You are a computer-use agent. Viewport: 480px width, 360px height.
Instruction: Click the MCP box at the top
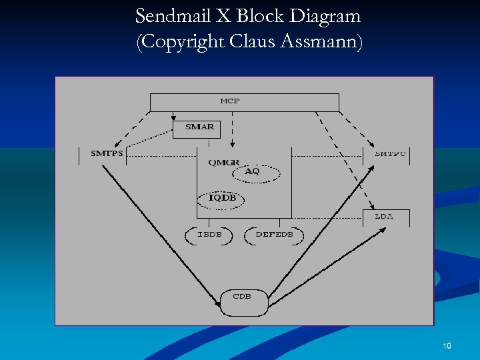(244, 102)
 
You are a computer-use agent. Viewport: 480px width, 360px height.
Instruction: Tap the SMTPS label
(107, 153)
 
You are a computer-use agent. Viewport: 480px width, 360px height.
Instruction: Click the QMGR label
(223, 163)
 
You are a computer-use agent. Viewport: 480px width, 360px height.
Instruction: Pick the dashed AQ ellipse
(254, 172)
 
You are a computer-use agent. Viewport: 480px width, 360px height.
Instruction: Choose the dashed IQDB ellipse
(222, 198)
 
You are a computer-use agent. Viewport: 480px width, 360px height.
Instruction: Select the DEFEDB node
(274, 235)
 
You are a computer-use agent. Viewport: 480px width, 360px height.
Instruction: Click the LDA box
(385, 217)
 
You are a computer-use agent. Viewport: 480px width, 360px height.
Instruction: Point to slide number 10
(447, 345)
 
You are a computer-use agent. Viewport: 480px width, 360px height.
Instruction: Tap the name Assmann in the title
(323, 42)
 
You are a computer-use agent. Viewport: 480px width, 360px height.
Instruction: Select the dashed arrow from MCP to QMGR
(233, 130)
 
